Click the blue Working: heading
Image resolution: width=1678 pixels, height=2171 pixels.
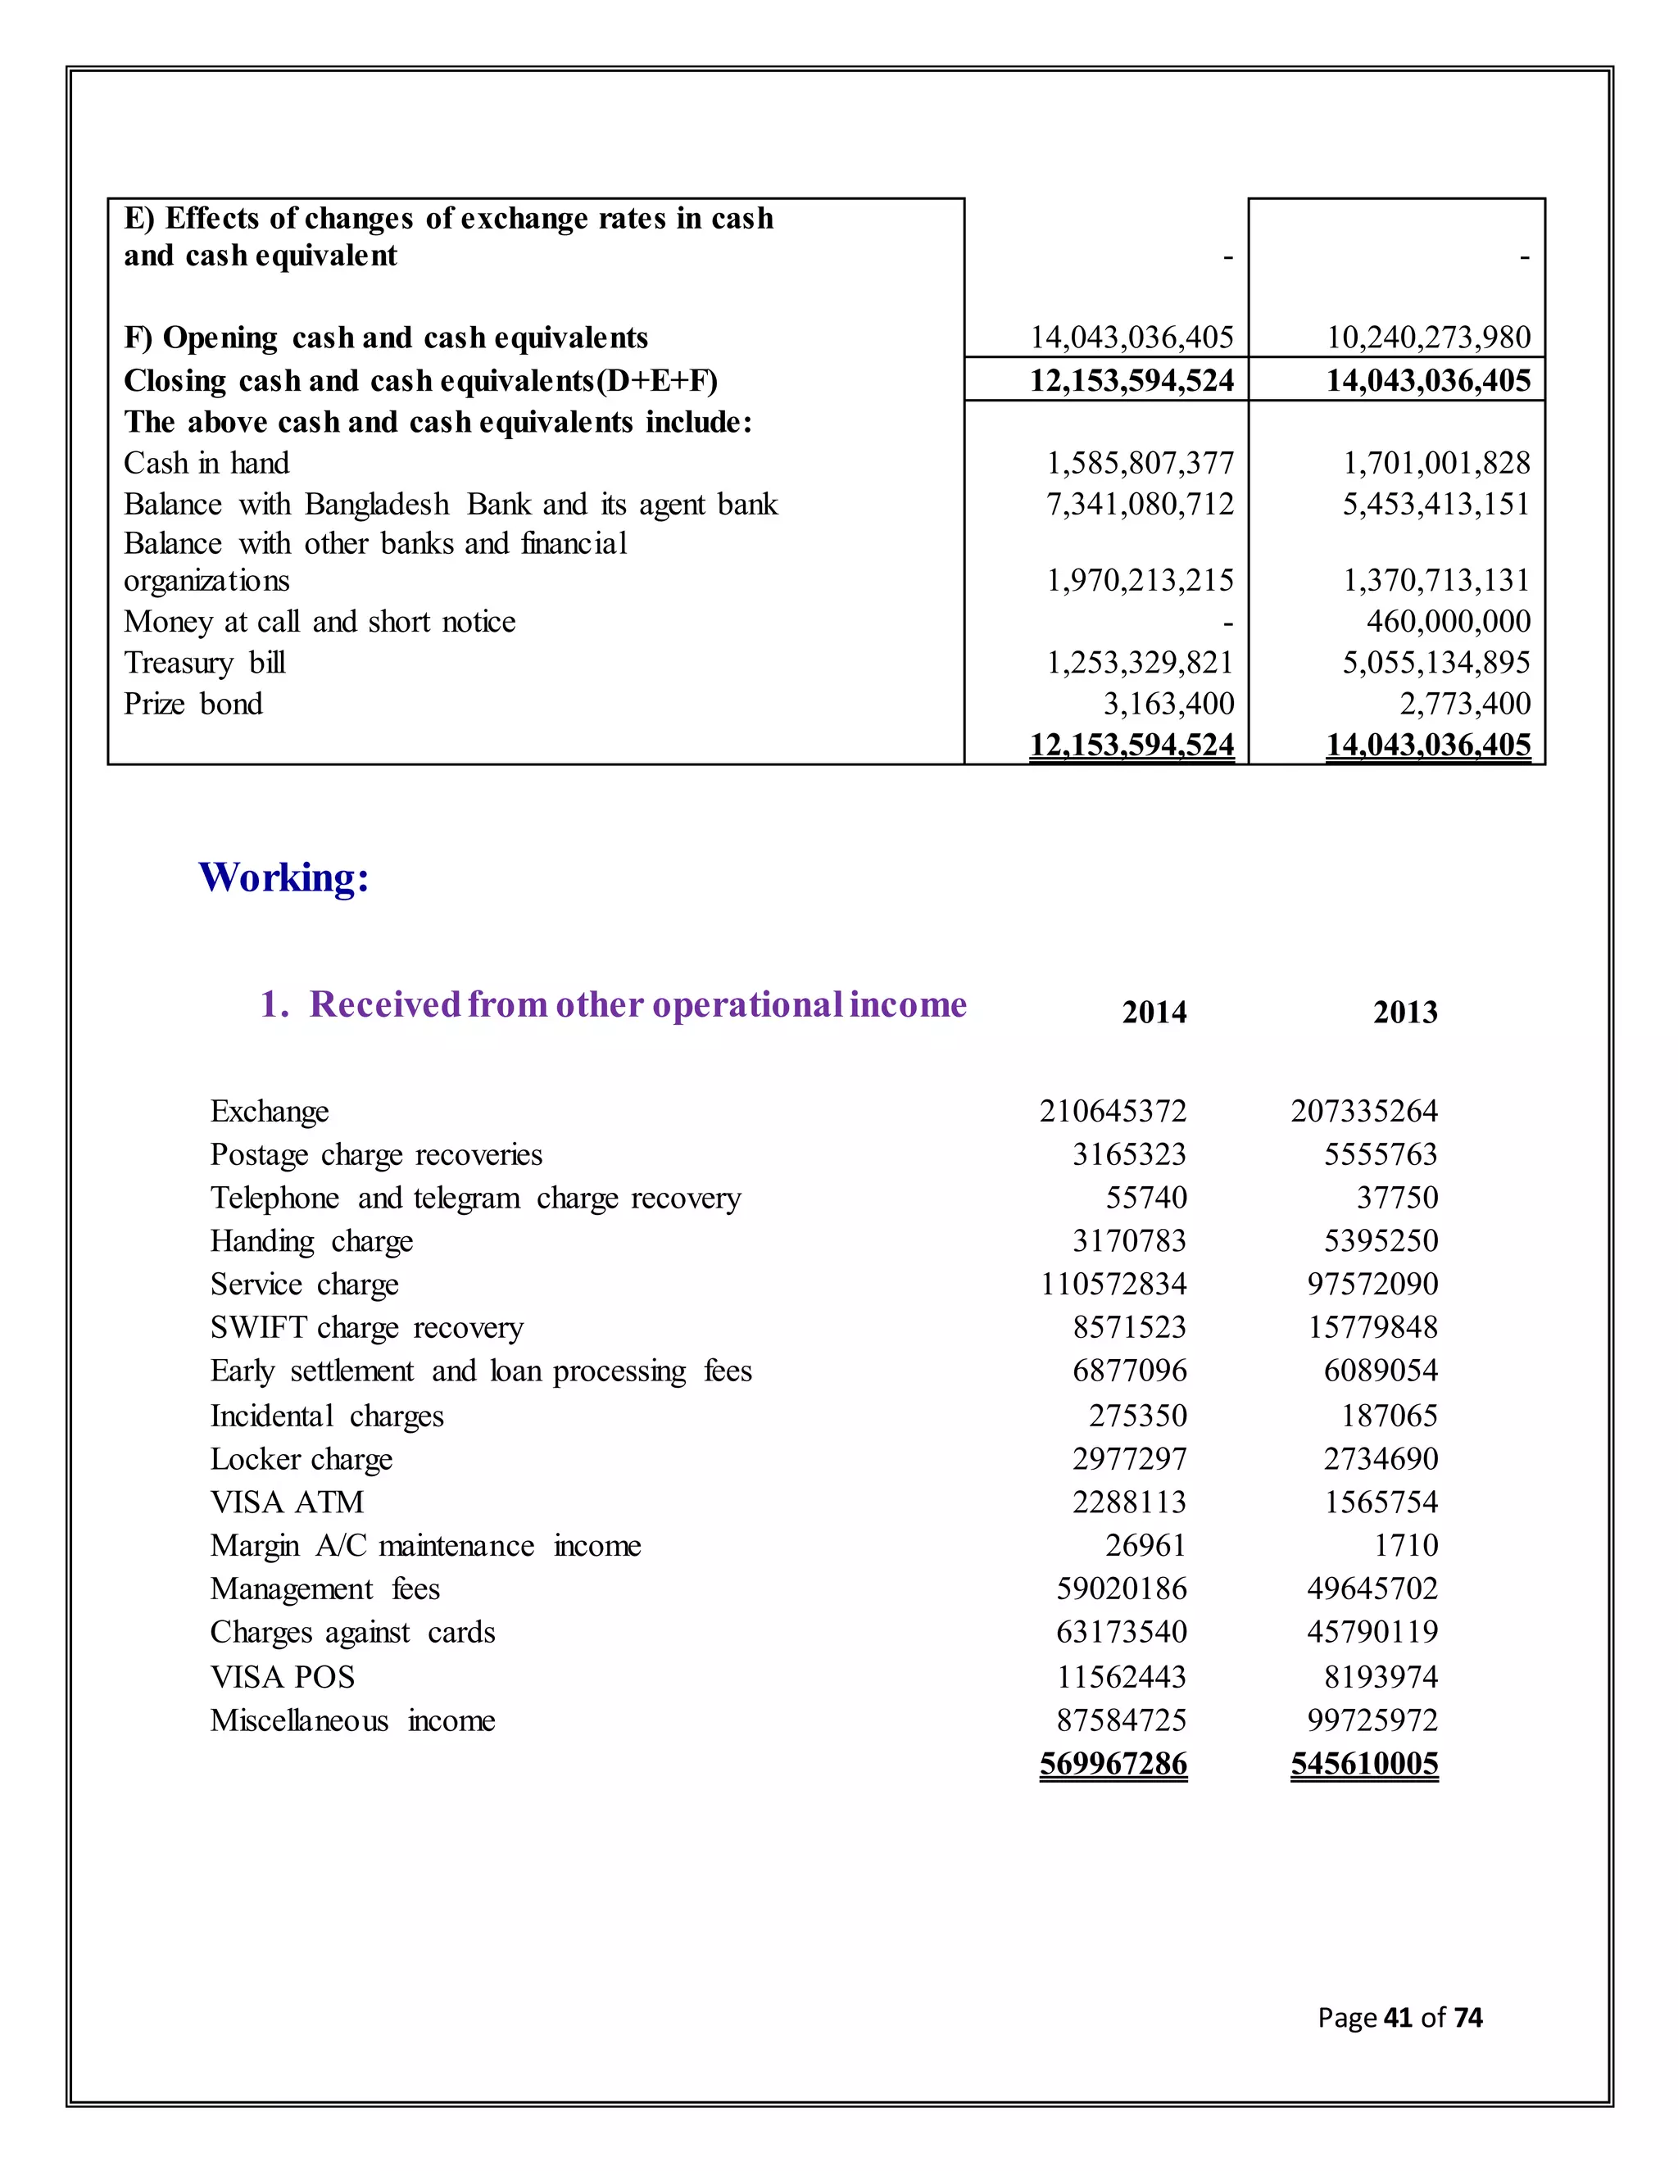[284, 877]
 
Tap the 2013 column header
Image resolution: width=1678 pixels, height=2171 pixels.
[1404, 1012]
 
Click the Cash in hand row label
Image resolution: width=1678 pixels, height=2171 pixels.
[206, 463]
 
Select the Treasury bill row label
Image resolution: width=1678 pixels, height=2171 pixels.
[205, 663]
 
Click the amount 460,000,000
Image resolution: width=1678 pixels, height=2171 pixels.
[1448, 623]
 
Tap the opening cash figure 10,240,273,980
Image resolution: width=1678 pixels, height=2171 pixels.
[1428, 338]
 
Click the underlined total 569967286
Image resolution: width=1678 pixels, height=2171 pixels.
[1113, 1764]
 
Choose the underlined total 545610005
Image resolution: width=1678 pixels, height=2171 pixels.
[1364, 1764]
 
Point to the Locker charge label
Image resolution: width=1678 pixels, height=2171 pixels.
[302, 1459]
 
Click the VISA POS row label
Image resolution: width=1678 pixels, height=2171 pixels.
[283, 1677]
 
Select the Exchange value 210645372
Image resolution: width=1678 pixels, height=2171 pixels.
[1113, 1112]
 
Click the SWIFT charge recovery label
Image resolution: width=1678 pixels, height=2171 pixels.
[367, 1328]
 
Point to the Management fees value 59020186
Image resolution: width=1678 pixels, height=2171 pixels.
[1122, 1589]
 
